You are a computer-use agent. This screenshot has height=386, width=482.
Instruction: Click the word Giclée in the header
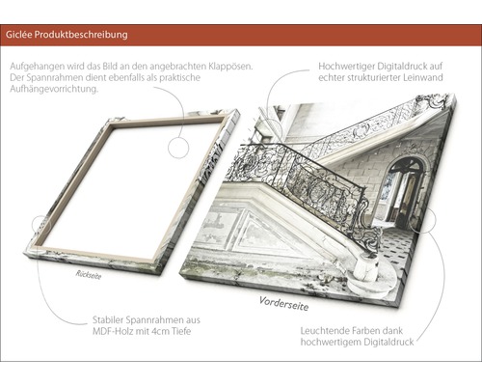[x=18, y=35]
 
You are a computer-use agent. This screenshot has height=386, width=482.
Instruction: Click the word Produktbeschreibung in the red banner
[x=81, y=35]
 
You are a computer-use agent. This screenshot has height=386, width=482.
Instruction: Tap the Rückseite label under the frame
[x=89, y=275]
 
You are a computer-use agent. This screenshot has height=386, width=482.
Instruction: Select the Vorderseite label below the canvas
[x=283, y=304]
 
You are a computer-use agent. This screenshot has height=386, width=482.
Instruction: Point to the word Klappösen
[x=230, y=67]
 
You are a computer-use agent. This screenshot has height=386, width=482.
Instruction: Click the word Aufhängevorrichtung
[x=54, y=89]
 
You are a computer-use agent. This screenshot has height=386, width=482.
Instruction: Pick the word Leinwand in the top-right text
[x=422, y=77]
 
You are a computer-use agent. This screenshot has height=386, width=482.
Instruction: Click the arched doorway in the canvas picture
[x=402, y=191]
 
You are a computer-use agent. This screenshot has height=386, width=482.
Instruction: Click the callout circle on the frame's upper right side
[x=178, y=148]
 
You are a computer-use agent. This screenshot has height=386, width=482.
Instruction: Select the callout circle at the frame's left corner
[x=41, y=225]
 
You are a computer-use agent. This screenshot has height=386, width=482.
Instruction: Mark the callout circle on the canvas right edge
[x=425, y=221]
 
